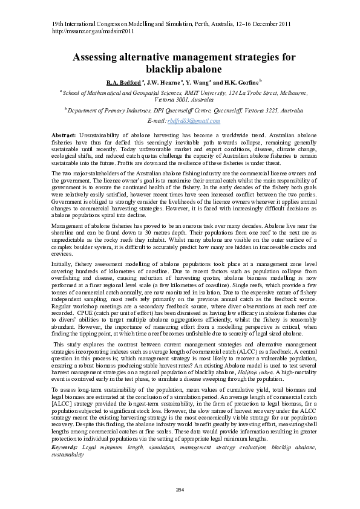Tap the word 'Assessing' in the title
click(100, 57)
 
